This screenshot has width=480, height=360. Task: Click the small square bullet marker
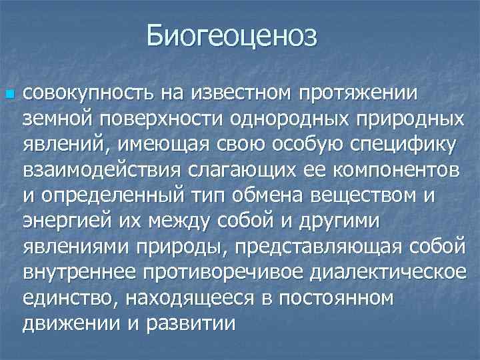point(9,95)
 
